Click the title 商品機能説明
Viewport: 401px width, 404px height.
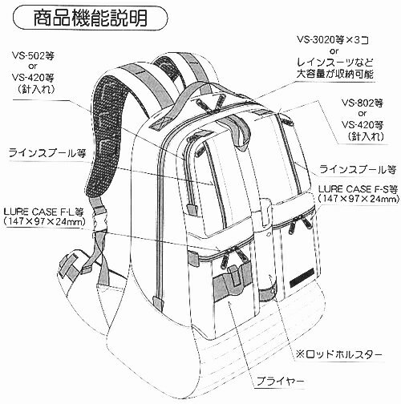point(91,18)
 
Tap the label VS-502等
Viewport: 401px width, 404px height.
point(33,56)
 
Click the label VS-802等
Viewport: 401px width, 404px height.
point(363,103)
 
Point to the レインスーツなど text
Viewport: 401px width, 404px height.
point(334,63)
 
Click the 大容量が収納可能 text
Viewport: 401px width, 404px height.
point(334,74)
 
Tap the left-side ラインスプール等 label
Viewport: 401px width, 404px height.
point(47,153)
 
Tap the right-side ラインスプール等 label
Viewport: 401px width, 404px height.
point(358,169)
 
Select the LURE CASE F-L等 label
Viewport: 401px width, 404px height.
point(44,212)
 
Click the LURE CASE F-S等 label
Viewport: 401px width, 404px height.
point(358,189)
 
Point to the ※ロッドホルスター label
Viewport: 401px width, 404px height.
point(338,354)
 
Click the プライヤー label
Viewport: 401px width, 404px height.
point(280,381)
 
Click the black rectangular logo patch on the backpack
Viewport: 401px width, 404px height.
point(302,278)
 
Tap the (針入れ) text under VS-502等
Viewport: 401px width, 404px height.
point(36,89)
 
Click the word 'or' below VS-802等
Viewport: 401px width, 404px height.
point(363,114)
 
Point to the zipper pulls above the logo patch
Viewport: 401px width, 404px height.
point(299,224)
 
